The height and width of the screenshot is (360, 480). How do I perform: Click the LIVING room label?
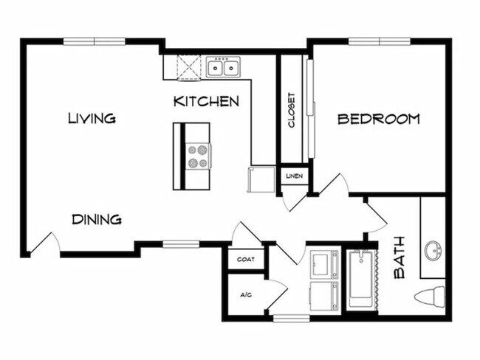pos(92,118)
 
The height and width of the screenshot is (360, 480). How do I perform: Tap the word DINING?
pos(97,219)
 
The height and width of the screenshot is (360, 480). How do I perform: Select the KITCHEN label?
pos(206,101)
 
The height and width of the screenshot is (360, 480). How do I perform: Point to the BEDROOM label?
pos(378,119)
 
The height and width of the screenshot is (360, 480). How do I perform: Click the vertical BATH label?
pos(400,257)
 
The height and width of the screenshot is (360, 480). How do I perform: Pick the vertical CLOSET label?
pos(292,110)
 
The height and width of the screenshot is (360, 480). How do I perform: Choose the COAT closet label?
pos(246,260)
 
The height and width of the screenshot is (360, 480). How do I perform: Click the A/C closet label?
pos(246,294)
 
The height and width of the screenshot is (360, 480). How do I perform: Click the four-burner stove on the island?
pos(197,156)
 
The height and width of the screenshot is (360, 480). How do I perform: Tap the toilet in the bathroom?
pos(430,297)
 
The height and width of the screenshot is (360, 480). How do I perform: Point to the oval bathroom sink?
pos(433,249)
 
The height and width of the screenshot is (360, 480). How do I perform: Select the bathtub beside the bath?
pos(361,279)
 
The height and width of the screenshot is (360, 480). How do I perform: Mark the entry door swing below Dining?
pos(44,243)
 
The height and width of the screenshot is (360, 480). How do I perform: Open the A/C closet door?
pos(277,294)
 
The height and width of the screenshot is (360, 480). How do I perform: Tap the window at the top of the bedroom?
pos(379,41)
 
